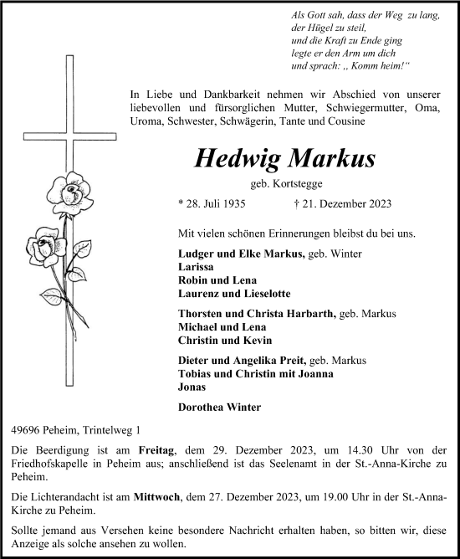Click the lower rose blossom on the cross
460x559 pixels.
(x=45, y=249)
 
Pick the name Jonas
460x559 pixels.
(x=192, y=387)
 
